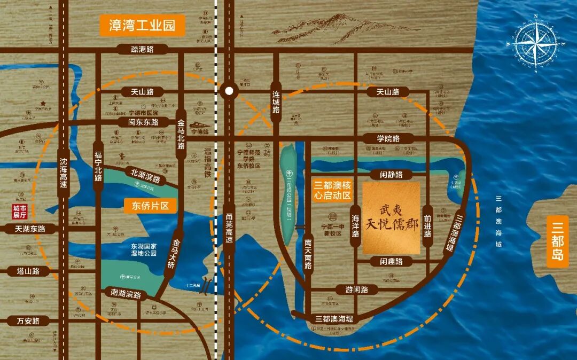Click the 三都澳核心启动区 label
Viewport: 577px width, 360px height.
(x=332, y=190)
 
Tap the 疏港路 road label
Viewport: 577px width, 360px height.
(x=142, y=50)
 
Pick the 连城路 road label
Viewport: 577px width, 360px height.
(x=276, y=102)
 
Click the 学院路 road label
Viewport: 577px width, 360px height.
(x=388, y=138)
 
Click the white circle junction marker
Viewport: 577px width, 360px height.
(x=229, y=91)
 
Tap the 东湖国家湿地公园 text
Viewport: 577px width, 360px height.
(x=144, y=249)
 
